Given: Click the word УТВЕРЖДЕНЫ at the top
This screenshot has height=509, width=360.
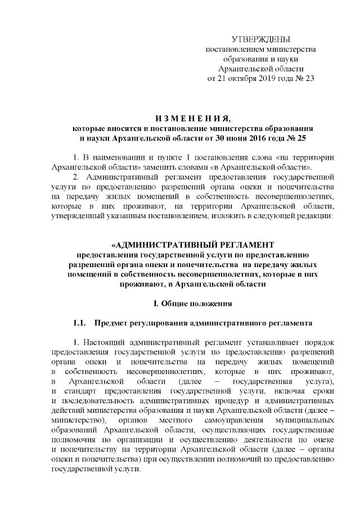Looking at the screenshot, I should point(261,39).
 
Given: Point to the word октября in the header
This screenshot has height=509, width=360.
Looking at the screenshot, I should point(243,78).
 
